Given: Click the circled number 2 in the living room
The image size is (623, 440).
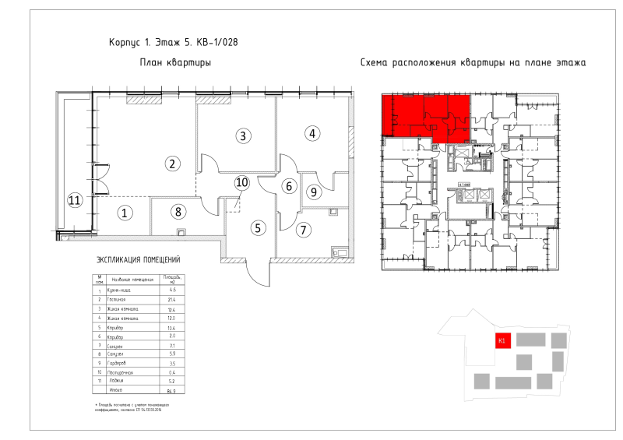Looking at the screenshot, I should point(171,163).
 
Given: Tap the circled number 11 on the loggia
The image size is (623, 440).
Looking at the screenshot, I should point(74,200).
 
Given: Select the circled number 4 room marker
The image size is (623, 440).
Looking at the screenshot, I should point(311,133).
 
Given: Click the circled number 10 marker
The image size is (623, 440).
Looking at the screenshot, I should point(241,182).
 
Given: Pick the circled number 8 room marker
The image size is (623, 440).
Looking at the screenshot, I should point(178,210).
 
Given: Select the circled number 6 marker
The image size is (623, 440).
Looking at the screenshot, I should point(288,186).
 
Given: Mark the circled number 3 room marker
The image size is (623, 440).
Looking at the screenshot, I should point(243,136).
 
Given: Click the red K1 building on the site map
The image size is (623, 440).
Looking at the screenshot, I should point(502,340).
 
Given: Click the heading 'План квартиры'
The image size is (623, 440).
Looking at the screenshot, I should point(175,62).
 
